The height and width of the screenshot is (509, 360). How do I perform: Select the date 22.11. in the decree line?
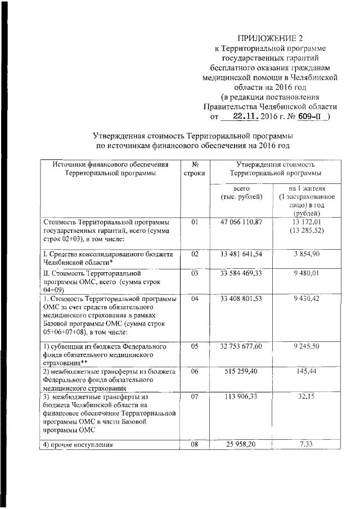[x=243, y=116]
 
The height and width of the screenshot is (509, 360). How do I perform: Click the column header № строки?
[x=194, y=169]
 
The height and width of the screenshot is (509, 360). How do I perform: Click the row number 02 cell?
[x=195, y=254]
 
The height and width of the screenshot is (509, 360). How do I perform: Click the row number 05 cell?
[x=195, y=346]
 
